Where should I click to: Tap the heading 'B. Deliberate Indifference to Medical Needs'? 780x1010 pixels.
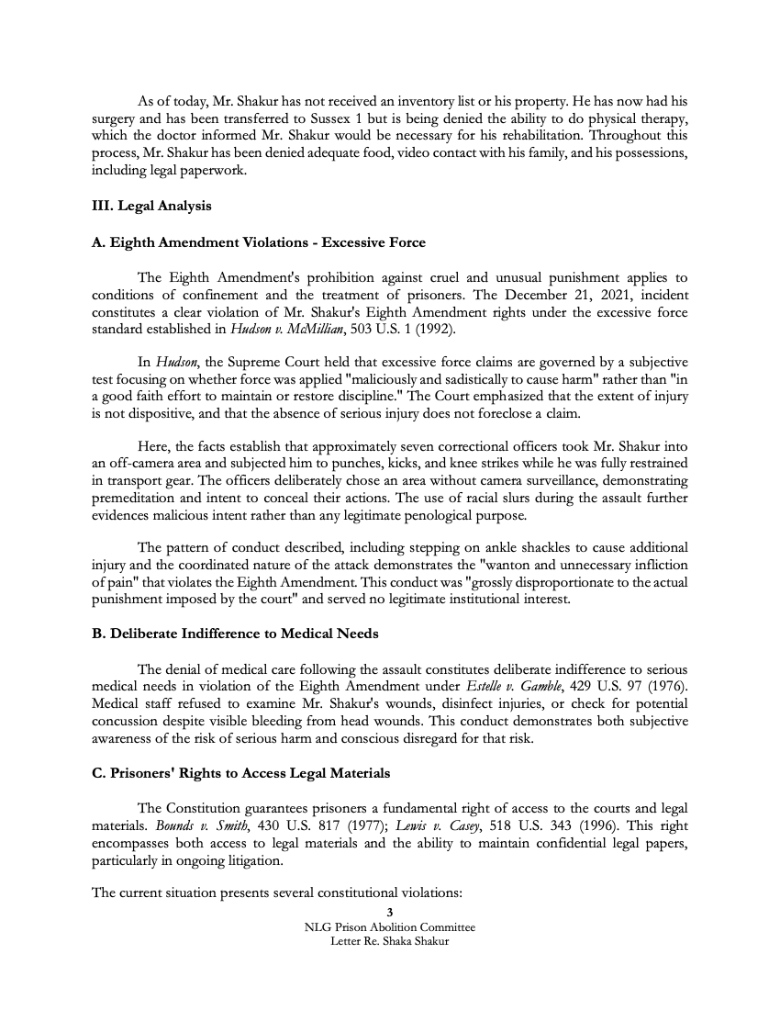[235, 634]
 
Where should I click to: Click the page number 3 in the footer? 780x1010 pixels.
[390, 913]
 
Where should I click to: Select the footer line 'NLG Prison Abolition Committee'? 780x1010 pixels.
[390, 927]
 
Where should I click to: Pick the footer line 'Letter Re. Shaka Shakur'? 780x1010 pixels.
[390, 942]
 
